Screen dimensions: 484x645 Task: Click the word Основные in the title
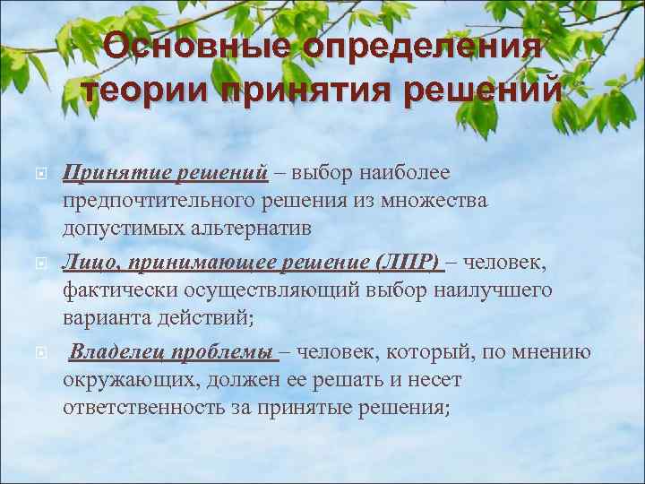pyautogui.click(x=195, y=48)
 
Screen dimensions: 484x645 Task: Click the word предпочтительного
pyautogui.click(x=166, y=199)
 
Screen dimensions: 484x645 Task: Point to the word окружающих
pyautogui.click(x=132, y=379)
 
